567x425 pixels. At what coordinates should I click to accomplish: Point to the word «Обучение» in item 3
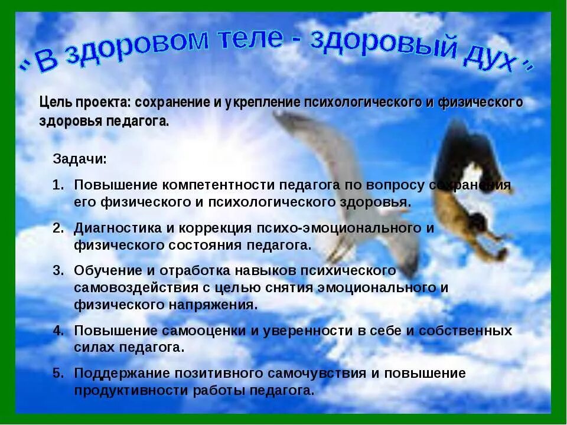point(103,270)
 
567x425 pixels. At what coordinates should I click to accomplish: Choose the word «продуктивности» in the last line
point(128,391)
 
